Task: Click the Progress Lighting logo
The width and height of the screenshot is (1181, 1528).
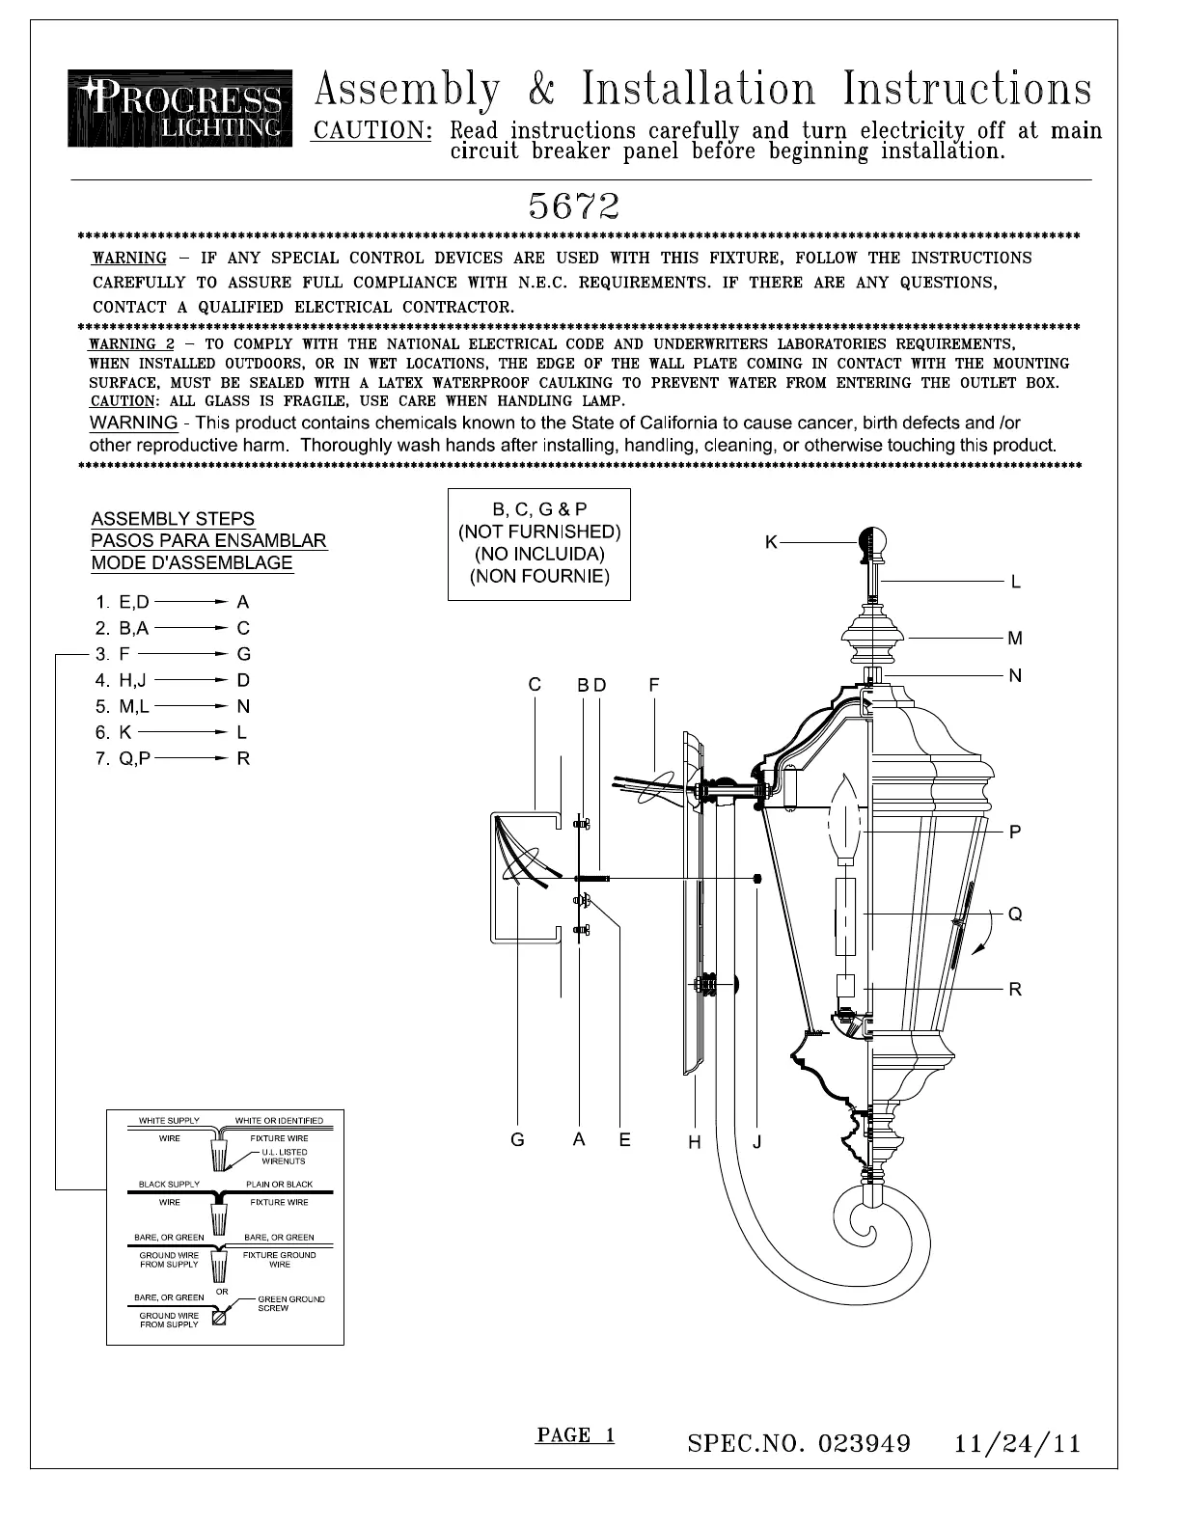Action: pos(179,108)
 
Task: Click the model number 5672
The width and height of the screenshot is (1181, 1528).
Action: pos(573,205)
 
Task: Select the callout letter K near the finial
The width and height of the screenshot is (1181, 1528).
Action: pos(771,542)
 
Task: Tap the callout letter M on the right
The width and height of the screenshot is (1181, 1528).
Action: pos(1015,638)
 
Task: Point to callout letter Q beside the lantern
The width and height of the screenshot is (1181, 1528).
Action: pos(1015,914)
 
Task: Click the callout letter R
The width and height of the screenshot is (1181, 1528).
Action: pos(1015,989)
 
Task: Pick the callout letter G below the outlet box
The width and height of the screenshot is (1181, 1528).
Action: pos(518,1140)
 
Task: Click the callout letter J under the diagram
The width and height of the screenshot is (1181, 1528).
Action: pos(757,1142)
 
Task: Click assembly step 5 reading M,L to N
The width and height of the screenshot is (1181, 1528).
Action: pos(173,706)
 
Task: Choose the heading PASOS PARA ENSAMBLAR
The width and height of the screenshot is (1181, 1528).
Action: pos(208,540)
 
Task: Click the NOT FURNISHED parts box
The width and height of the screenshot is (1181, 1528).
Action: pos(539,544)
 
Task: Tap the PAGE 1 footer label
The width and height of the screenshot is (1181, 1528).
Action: pos(575,1434)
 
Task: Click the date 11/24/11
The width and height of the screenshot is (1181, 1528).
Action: pos(1017,1443)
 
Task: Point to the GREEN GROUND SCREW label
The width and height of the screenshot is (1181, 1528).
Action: pos(290,1303)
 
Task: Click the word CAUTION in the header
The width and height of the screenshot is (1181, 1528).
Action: pos(371,130)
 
